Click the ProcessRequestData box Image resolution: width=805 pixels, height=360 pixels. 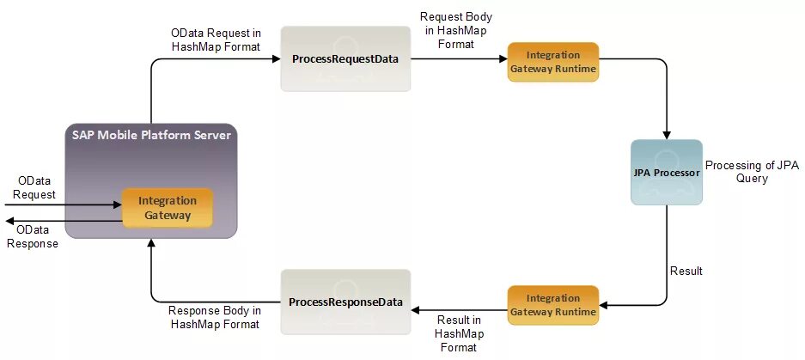pyautogui.click(x=345, y=60)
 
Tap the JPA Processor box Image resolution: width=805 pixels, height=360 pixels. pyautogui.click(x=666, y=172)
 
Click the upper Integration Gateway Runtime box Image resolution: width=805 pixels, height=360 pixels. pyautogui.click(x=552, y=62)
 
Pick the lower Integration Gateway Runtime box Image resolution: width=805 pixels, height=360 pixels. pyautogui.click(x=552, y=304)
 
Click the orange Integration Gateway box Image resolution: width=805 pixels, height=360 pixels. pyautogui.click(x=168, y=208)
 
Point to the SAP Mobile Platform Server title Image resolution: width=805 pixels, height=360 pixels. pyautogui.click(x=150, y=136)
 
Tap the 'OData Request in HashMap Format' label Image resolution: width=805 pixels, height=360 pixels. pyautogui.click(x=216, y=39)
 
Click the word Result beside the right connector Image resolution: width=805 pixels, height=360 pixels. pyautogui.click(x=686, y=271)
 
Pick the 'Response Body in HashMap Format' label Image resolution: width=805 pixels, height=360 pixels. pyautogui.click(x=215, y=317)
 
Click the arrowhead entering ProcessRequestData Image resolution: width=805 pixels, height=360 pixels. pyautogui.click(x=276, y=60)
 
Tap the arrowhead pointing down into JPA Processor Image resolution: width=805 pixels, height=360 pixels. pyautogui.click(x=666, y=134)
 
